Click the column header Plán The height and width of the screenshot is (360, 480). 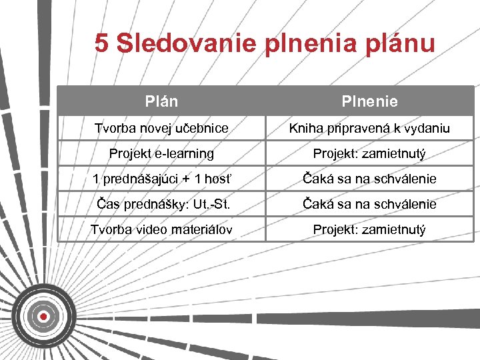pos(161,101)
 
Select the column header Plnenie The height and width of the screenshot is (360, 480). pos(369,101)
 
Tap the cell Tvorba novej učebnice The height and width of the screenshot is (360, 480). pos(161,128)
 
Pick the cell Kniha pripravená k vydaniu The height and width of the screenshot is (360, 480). pos(369,128)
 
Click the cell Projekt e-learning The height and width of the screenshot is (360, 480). pos(161,153)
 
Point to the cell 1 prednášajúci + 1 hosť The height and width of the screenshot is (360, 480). pos(161,179)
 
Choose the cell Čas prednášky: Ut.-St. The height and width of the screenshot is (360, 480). pos(161,204)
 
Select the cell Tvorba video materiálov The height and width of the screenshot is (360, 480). pos(161,229)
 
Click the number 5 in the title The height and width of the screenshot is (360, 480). pos(101,43)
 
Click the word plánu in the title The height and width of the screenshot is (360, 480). pos(399,45)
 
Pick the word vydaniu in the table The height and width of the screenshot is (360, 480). pos(426,128)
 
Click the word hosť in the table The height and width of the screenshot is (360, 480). pos(215,179)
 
